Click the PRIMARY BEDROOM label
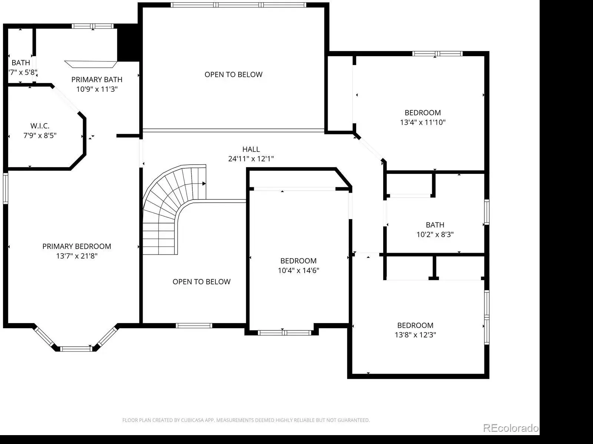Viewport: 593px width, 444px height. pos(77,246)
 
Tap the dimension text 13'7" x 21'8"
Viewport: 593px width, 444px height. pos(77,256)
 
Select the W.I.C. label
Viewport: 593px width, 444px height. pos(40,126)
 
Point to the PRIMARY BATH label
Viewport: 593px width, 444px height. pos(97,80)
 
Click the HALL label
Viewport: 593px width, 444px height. pos(251,149)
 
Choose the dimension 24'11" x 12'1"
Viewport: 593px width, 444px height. pos(251,159)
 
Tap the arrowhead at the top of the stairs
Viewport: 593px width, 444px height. pos(204,184)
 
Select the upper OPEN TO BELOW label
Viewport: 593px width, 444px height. pos(233,74)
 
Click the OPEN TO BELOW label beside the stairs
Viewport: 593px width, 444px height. pos(202,282)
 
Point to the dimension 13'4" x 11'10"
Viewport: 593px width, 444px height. pos(423,122)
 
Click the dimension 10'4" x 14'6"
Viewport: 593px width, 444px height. pos(298,270)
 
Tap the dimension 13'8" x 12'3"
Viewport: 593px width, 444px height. pos(415,335)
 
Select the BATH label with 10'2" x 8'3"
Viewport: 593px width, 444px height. pos(435,225)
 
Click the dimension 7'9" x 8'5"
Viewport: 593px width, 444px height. pos(40,135)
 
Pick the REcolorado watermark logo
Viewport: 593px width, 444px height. pos(511,428)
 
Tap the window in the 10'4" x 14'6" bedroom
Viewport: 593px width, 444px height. pos(285,333)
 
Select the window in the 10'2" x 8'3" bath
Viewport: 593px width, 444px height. pos(487,212)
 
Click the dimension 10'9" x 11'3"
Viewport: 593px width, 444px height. pos(97,89)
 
